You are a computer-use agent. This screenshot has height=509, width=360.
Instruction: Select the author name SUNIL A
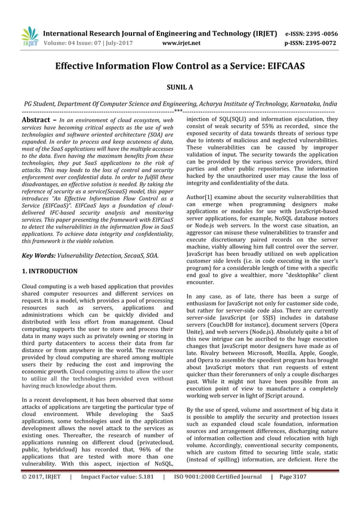pos(180,88)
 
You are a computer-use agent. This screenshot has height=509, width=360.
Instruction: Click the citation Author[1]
pos(200,195)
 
